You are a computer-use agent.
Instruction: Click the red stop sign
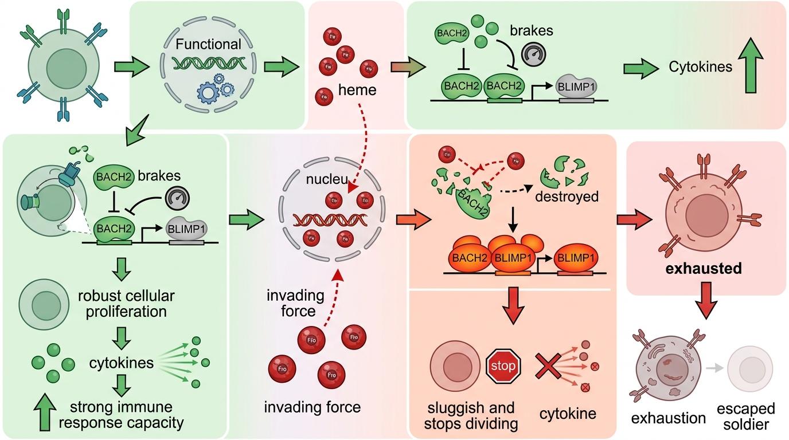click(503, 365)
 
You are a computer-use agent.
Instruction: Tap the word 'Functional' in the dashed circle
click(209, 44)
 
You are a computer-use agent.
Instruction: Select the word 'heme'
click(357, 89)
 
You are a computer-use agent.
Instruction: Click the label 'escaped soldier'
click(746, 417)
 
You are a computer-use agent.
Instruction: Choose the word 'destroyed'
click(566, 197)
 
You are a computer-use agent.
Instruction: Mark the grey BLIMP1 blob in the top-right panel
click(577, 87)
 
